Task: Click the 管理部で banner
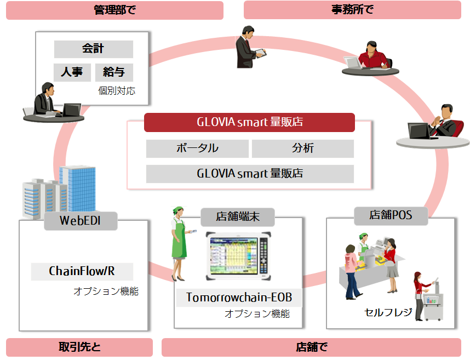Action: tap(114, 10)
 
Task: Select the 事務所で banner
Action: tap(352, 10)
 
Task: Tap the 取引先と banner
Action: tap(79, 347)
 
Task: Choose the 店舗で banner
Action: tap(312, 347)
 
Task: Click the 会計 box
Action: tap(94, 49)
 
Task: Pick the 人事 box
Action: tap(72, 72)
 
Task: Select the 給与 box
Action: tap(114, 72)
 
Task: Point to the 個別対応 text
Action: tap(117, 90)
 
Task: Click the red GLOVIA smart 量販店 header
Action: tap(249, 122)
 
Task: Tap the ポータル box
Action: tap(197, 148)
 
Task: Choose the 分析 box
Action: tap(303, 148)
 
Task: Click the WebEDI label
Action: tap(81, 221)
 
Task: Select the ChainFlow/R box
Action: tap(82, 272)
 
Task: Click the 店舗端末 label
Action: tap(237, 217)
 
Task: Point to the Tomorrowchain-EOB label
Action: tap(239, 298)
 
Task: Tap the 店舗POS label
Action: tap(391, 215)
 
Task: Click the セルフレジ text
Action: tap(388, 313)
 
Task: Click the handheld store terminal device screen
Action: tap(234, 256)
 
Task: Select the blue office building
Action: tap(78, 189)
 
